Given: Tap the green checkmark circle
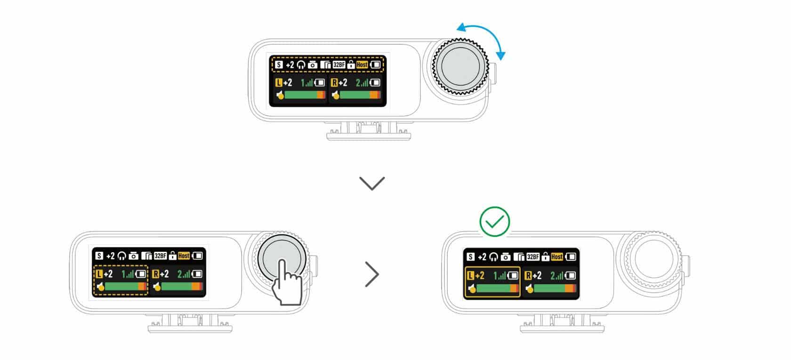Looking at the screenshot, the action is [x=494, y=222].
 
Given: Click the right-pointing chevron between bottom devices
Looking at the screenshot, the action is [x=372, y=274].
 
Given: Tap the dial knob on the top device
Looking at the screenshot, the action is [x=460, y=66].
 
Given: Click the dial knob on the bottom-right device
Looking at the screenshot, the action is [x=654, y=259].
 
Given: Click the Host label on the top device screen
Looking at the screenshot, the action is [x=362, y=64].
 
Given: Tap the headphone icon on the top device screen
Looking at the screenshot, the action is [x=301, y=65].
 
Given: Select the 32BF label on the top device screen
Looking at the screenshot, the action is [x=339, y=64].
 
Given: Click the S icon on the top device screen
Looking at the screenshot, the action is [x=279, y=64].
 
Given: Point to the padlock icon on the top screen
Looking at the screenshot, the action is [x=351, y=64].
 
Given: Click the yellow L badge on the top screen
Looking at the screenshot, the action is [x=279, y=83].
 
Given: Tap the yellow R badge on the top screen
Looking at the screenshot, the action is [x=334, y=83].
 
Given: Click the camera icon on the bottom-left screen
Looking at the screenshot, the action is [x=133, y=256].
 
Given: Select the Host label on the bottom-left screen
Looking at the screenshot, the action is [x=184, y=256].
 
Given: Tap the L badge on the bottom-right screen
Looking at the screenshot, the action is [x=470, y=275].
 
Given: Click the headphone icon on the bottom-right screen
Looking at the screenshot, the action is [x=493, y=257].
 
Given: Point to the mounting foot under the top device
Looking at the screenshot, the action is [x=369, y=131].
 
